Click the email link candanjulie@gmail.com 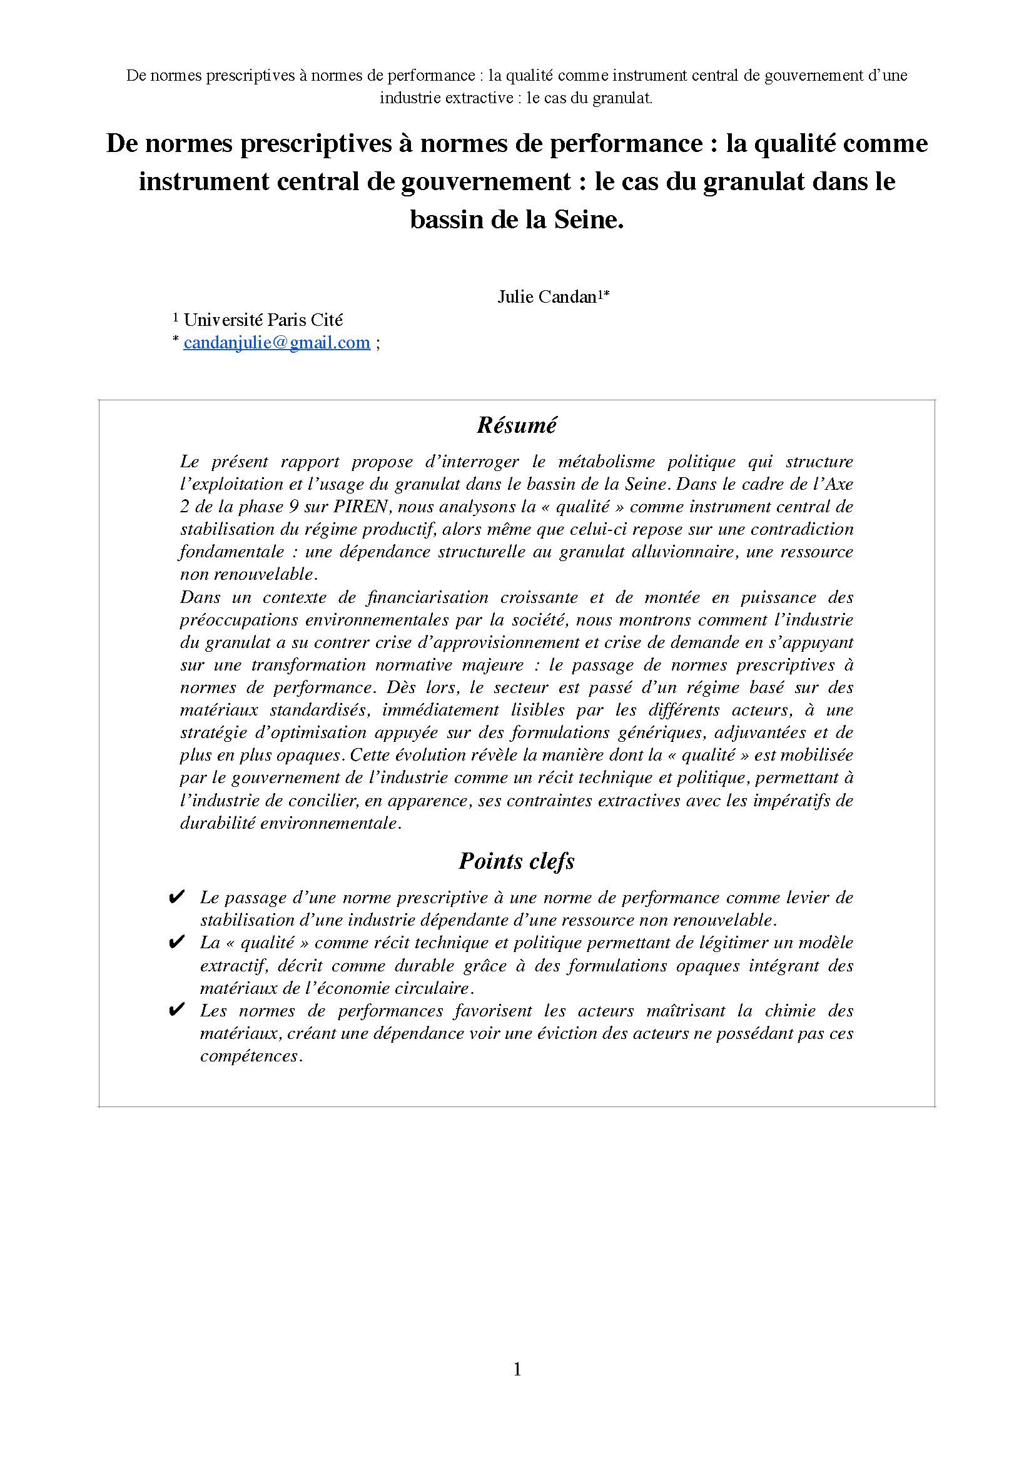click(276, 343)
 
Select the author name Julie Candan click(546, 296)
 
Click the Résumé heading click(516, 425)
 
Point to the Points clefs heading click(516, 861)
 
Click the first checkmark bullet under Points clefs click(176, 898)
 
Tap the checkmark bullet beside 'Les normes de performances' click(176, 1011)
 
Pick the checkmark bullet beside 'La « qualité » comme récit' click(176, 943)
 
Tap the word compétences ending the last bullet click(250, 1056)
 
